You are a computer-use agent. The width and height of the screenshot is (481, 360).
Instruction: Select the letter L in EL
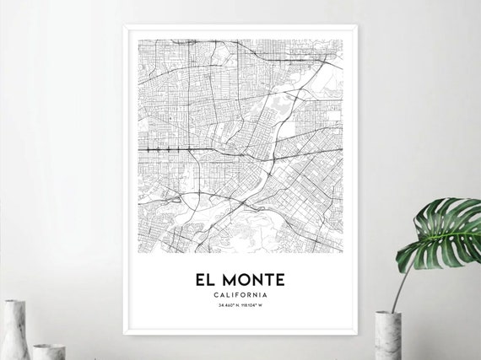point(216,279)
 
